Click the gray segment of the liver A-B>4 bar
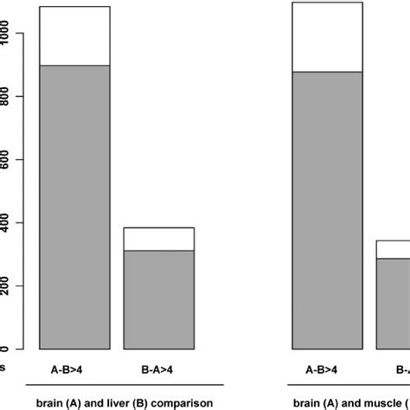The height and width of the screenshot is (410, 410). (x=75, y=208)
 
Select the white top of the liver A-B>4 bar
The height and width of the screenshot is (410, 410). (x=75, y=35)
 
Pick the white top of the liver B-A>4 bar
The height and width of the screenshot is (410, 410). (x=159, y=239)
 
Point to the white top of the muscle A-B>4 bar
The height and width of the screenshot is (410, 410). (x=327, y=36)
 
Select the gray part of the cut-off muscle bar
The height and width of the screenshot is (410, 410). (x=394, y=304)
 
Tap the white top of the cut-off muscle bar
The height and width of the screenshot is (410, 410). (x=394, y=249)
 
